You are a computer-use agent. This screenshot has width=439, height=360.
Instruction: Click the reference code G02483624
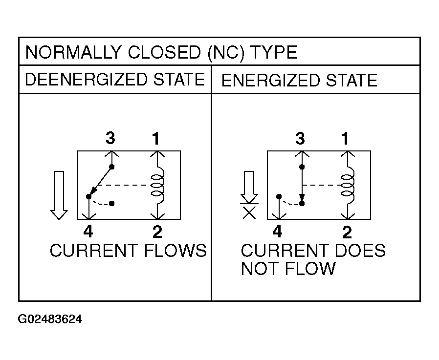click(50, 319)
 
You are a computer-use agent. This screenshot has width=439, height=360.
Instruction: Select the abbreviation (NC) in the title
click(226, 53)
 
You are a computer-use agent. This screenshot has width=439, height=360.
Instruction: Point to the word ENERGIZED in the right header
click(270, 80)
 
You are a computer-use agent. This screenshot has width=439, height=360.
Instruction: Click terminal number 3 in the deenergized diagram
click(110, 138)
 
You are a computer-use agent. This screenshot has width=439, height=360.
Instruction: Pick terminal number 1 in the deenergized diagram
click(156, 138)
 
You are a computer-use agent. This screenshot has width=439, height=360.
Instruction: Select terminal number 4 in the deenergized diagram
click(88, 232)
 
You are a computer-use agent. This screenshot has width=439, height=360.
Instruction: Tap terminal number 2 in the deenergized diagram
click(157, 232)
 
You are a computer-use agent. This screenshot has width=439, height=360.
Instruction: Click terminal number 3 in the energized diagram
click(300, 138)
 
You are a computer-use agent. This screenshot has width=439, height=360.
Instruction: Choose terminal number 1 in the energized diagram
click(346, 138)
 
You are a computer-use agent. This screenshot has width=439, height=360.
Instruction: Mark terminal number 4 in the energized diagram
click(277, 232)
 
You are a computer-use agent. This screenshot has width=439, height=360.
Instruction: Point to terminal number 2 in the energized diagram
click(347, 232)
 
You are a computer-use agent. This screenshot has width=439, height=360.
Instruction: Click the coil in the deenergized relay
click(157, 185)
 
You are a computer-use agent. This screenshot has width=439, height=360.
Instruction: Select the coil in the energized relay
click(348, 185)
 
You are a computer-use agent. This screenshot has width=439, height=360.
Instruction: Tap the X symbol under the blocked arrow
click(249, 213)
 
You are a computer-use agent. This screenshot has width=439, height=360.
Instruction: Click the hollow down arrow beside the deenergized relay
click(59, 195)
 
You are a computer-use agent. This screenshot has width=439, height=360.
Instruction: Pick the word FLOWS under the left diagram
click(176, 251)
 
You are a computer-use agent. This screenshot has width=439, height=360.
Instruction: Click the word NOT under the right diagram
click(260, 269)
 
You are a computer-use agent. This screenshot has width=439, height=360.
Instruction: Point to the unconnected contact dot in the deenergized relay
click(112, 203)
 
